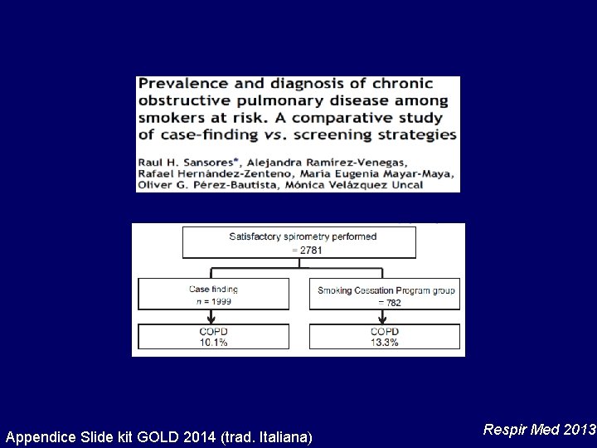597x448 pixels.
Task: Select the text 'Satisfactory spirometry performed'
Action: [303, 236]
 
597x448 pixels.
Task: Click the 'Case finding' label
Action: [213, 290]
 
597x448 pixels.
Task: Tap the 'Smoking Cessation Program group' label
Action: [386, 290]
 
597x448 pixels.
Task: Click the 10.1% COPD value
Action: [213, 343]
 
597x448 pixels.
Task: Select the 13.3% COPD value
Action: [385, 343]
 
